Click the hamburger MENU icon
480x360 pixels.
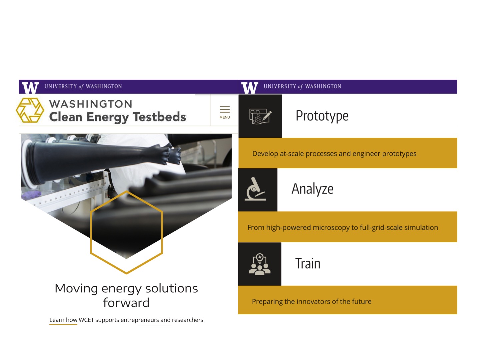pos(225,109)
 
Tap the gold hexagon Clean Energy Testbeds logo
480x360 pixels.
pos(30,110)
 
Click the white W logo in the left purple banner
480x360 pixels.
pos(30,88)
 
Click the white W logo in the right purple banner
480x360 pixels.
pos(250,88)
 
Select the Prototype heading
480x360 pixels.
pos(322,116)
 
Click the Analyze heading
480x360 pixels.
pos(312,189)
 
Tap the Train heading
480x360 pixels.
pos(308,263)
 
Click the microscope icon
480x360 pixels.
pos(255,189)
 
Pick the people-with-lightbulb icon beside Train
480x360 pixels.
pos(260,264)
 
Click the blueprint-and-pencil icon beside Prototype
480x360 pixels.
pos(260,116)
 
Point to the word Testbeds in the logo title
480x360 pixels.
pos(159,117)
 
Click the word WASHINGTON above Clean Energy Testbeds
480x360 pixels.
pos(91,104)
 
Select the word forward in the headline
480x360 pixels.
pos(126,303)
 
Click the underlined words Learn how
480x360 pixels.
pos(63,320)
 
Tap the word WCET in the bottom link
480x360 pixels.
pos(86,320)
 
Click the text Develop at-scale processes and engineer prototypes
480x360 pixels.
pos(334,154)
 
